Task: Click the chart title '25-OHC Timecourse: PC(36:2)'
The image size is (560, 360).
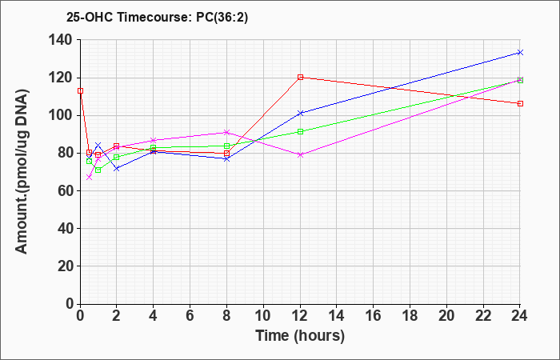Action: [x=157, y=17]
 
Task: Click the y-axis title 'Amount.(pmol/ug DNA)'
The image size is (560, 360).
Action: [x=22, y=171]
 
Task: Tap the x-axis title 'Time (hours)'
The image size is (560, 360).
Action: [x=300, y=336]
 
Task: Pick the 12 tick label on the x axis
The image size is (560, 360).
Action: [x=300, y=316]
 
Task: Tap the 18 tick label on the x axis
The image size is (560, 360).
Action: [x=410, y=316]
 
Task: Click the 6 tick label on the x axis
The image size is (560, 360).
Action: [x=190, y=316]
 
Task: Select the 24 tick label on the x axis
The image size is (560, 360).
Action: [x=520, y=316]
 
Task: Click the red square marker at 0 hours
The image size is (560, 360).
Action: [x=81, y=90]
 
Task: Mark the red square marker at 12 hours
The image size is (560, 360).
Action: [x=300, y=77]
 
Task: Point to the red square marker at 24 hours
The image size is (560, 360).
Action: [x=520, y=103]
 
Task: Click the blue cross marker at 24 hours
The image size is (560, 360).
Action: [x=520, y=53]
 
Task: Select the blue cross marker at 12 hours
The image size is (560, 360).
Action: [x=300, y=114]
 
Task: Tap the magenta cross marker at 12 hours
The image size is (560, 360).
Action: [x=300, y=154]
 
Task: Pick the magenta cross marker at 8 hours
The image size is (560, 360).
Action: [x=226, y=133]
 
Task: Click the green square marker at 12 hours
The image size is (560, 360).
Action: [x=300, y=131]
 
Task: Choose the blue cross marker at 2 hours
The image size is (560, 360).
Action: [x=117, y=168]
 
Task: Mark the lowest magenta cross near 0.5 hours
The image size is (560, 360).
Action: [x=90, y=177]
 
